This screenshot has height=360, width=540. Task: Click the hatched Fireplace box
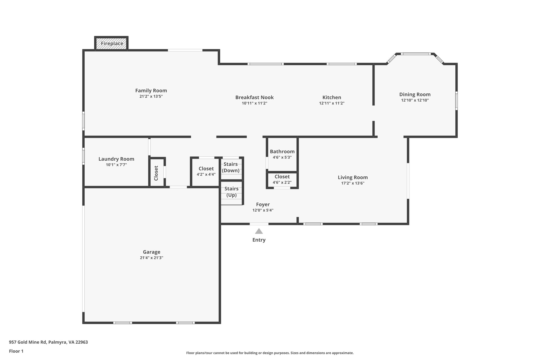[112, 44]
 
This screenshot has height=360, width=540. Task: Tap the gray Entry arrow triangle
[259, 231]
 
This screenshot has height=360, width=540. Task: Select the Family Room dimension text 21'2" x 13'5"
[151, 97]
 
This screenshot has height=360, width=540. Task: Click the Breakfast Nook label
[254, 97]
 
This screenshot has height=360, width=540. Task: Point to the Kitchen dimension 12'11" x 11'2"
[332, 103]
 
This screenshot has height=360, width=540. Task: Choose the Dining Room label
[415, 94]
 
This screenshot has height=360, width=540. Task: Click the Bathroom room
[282, 154]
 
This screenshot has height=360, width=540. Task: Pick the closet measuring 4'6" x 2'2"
[282, 180]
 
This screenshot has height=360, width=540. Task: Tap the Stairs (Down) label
[231, 167]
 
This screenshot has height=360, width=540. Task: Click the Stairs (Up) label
[232, 192]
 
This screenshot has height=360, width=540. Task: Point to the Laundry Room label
[116, 159]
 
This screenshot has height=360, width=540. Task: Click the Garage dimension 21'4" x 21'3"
[152, 258]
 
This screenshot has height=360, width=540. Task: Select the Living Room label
[353, 177]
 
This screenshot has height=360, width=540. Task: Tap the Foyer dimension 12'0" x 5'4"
[263, 210]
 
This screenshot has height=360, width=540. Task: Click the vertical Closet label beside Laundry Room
[156, 173]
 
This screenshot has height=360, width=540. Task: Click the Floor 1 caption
[16, 351]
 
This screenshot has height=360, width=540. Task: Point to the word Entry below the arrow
[259, 240]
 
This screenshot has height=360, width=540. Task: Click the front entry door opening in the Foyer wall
[259, 224]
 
